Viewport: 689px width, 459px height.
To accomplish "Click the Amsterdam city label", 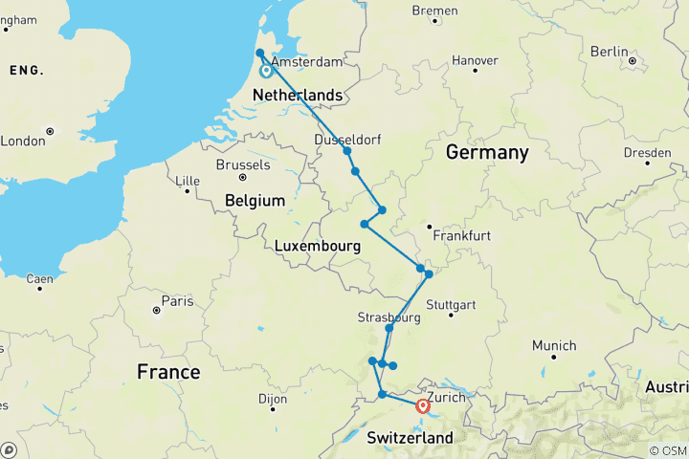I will (308, 61).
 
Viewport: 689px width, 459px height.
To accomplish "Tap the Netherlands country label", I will (297, 96).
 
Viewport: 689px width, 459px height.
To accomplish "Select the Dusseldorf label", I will (347, 140).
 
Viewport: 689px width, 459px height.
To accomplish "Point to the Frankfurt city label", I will (461, 235).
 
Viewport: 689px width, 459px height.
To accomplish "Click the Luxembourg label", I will (317, 246).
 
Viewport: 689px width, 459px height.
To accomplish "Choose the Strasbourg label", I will (389, 317).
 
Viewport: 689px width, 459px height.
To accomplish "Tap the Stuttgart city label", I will (451, 305).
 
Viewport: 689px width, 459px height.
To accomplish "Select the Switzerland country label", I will (410, 437).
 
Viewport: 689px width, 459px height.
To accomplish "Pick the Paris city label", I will (177, 301).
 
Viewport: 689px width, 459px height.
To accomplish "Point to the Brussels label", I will (244, 164).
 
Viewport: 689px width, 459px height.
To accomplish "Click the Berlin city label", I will (610, 51).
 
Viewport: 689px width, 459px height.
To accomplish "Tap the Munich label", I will (555, 345).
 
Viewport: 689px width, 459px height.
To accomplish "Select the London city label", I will (24, 141).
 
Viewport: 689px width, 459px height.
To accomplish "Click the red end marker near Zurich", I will (423, 406).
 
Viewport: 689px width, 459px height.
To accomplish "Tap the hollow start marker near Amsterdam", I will (266, 70).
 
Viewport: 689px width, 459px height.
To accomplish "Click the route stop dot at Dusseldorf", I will (347, 151).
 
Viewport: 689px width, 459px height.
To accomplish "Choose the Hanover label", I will (475, 60).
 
